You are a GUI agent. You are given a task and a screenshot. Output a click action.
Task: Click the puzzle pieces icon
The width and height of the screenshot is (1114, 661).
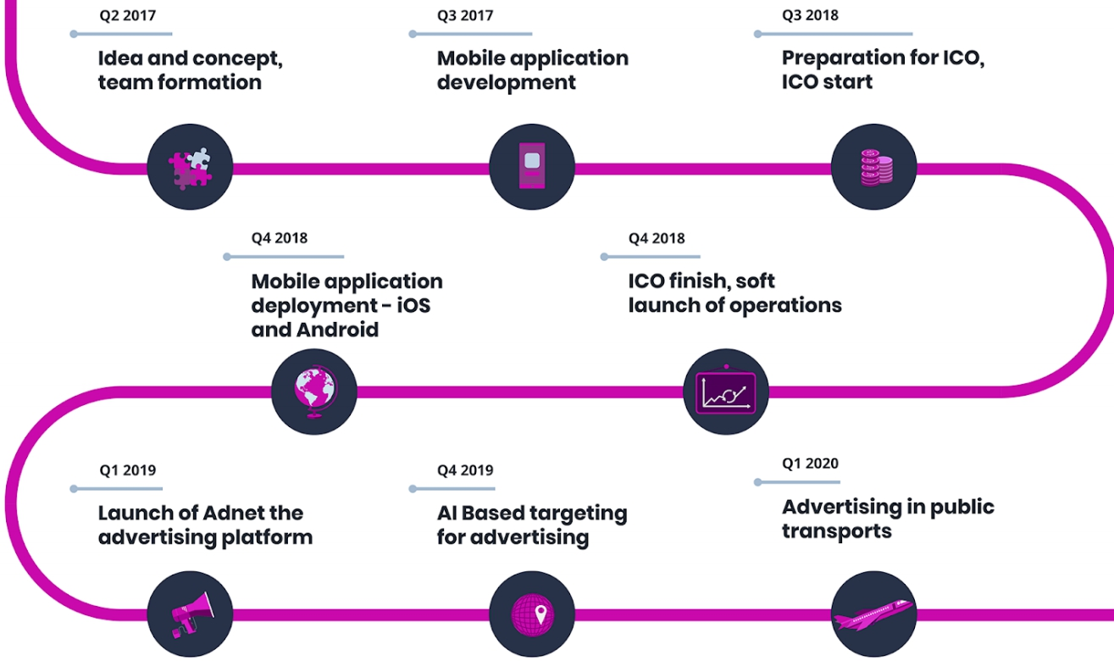(x=190, y=169)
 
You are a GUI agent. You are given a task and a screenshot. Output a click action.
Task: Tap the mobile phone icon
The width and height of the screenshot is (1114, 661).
(x=532, y=165)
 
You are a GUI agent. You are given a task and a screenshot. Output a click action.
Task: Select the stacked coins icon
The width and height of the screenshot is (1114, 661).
(x=876, y=168)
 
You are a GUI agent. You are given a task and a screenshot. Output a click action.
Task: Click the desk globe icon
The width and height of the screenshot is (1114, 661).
(x=315, y=392)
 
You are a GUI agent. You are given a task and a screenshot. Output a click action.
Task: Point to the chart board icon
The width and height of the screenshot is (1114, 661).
(x=726, y=391)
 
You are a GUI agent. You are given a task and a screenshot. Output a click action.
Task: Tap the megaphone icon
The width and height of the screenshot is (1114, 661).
(x=192, y=614)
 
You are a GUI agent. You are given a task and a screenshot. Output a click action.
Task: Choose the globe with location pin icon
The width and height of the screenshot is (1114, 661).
(x=532, y=614)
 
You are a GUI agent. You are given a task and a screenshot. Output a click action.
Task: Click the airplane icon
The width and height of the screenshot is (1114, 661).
(x=873, y=614)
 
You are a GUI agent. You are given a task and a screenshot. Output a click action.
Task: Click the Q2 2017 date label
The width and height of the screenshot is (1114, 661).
(x=128, y=15)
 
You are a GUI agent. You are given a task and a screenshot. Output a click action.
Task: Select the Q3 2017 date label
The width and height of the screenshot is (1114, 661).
(x=465, y=15)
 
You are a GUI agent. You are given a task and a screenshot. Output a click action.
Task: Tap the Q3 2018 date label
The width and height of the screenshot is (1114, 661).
(x=810, y=15)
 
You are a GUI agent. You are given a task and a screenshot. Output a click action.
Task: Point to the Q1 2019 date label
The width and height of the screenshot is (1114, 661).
(x=128, y=470)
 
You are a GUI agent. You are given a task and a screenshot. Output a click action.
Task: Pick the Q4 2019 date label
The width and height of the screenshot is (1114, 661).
(x=465, y=470)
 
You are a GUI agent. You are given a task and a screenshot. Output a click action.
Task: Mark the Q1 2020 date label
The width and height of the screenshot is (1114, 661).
(x=810, y=463)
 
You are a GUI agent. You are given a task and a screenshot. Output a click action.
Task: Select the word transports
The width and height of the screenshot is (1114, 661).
(x=836, y=531)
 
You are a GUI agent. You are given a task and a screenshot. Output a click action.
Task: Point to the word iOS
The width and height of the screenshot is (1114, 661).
(x=413, y=305)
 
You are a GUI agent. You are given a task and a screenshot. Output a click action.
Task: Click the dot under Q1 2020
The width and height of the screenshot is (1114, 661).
(x=757, y=482)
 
